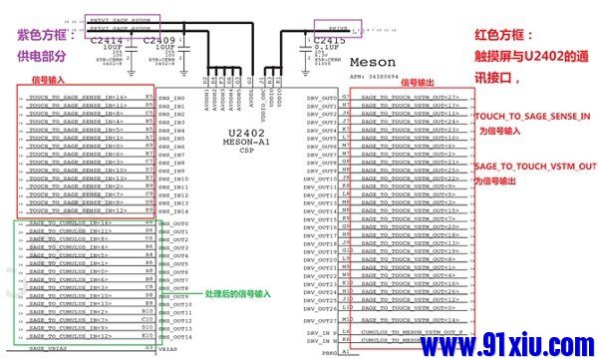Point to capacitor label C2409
(x=159, y=40)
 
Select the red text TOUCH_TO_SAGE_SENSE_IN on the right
(x=532, y=118)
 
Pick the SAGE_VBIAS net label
(x=48, y=349)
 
